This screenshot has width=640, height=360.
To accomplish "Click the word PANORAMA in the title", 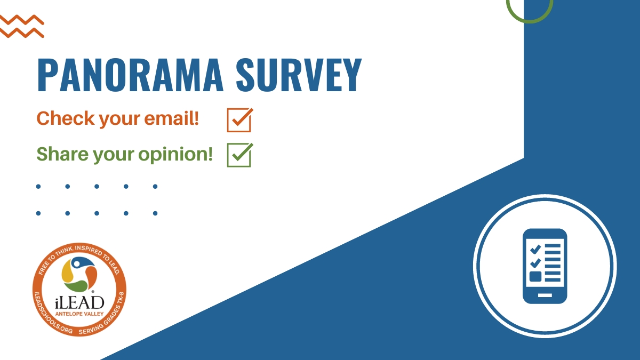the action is (x=130, y=75).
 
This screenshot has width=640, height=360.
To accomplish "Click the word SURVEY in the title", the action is (x=299, y=75).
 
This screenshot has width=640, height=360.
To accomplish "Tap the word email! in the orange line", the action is (x=171, y=118).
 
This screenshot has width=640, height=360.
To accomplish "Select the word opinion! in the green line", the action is (x=175, y=155).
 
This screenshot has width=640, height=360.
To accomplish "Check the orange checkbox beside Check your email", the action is (x=239, y=119).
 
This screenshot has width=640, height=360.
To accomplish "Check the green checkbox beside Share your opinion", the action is (x=239, y=155).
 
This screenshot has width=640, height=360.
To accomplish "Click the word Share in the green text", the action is (x=62, y=154).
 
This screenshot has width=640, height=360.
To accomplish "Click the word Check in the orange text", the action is (x=66, y=118).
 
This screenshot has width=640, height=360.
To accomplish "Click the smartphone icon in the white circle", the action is (x=545, y=266).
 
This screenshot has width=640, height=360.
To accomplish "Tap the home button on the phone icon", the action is (x=545, y=295).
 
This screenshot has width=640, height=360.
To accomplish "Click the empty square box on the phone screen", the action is (x=535, y=276).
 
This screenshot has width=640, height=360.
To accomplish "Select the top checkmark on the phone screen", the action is (x=535, y=249).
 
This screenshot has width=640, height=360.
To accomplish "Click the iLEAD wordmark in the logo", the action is (x=79, y=302).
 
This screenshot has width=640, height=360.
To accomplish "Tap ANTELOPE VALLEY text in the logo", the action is (x=79, y=314).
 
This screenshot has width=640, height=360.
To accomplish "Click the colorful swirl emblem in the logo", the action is (x=79, y=274).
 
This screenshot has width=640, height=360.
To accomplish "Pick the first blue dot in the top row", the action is (x=38, y=187).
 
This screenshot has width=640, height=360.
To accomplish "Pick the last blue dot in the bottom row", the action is (x=155, y=213).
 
